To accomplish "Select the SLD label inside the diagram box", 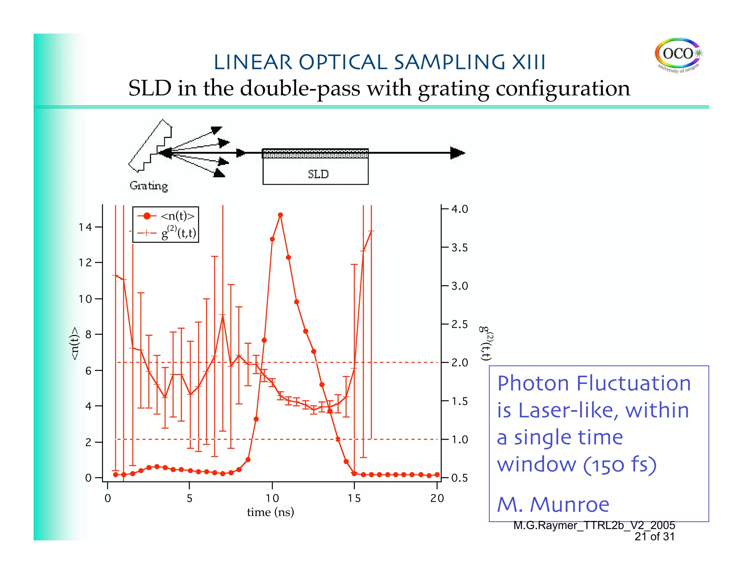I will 318,175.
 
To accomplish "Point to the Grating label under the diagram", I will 149,186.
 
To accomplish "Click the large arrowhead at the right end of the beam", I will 457,153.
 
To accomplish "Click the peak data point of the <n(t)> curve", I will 280,215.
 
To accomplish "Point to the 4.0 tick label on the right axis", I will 460,209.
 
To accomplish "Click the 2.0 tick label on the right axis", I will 460,362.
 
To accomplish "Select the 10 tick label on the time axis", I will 272,498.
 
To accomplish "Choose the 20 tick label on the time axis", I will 437,498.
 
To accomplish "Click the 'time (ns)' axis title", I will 270,512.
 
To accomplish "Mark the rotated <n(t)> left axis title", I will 74,343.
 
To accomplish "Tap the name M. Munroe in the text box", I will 553,504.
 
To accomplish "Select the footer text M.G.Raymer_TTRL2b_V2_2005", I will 594,525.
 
